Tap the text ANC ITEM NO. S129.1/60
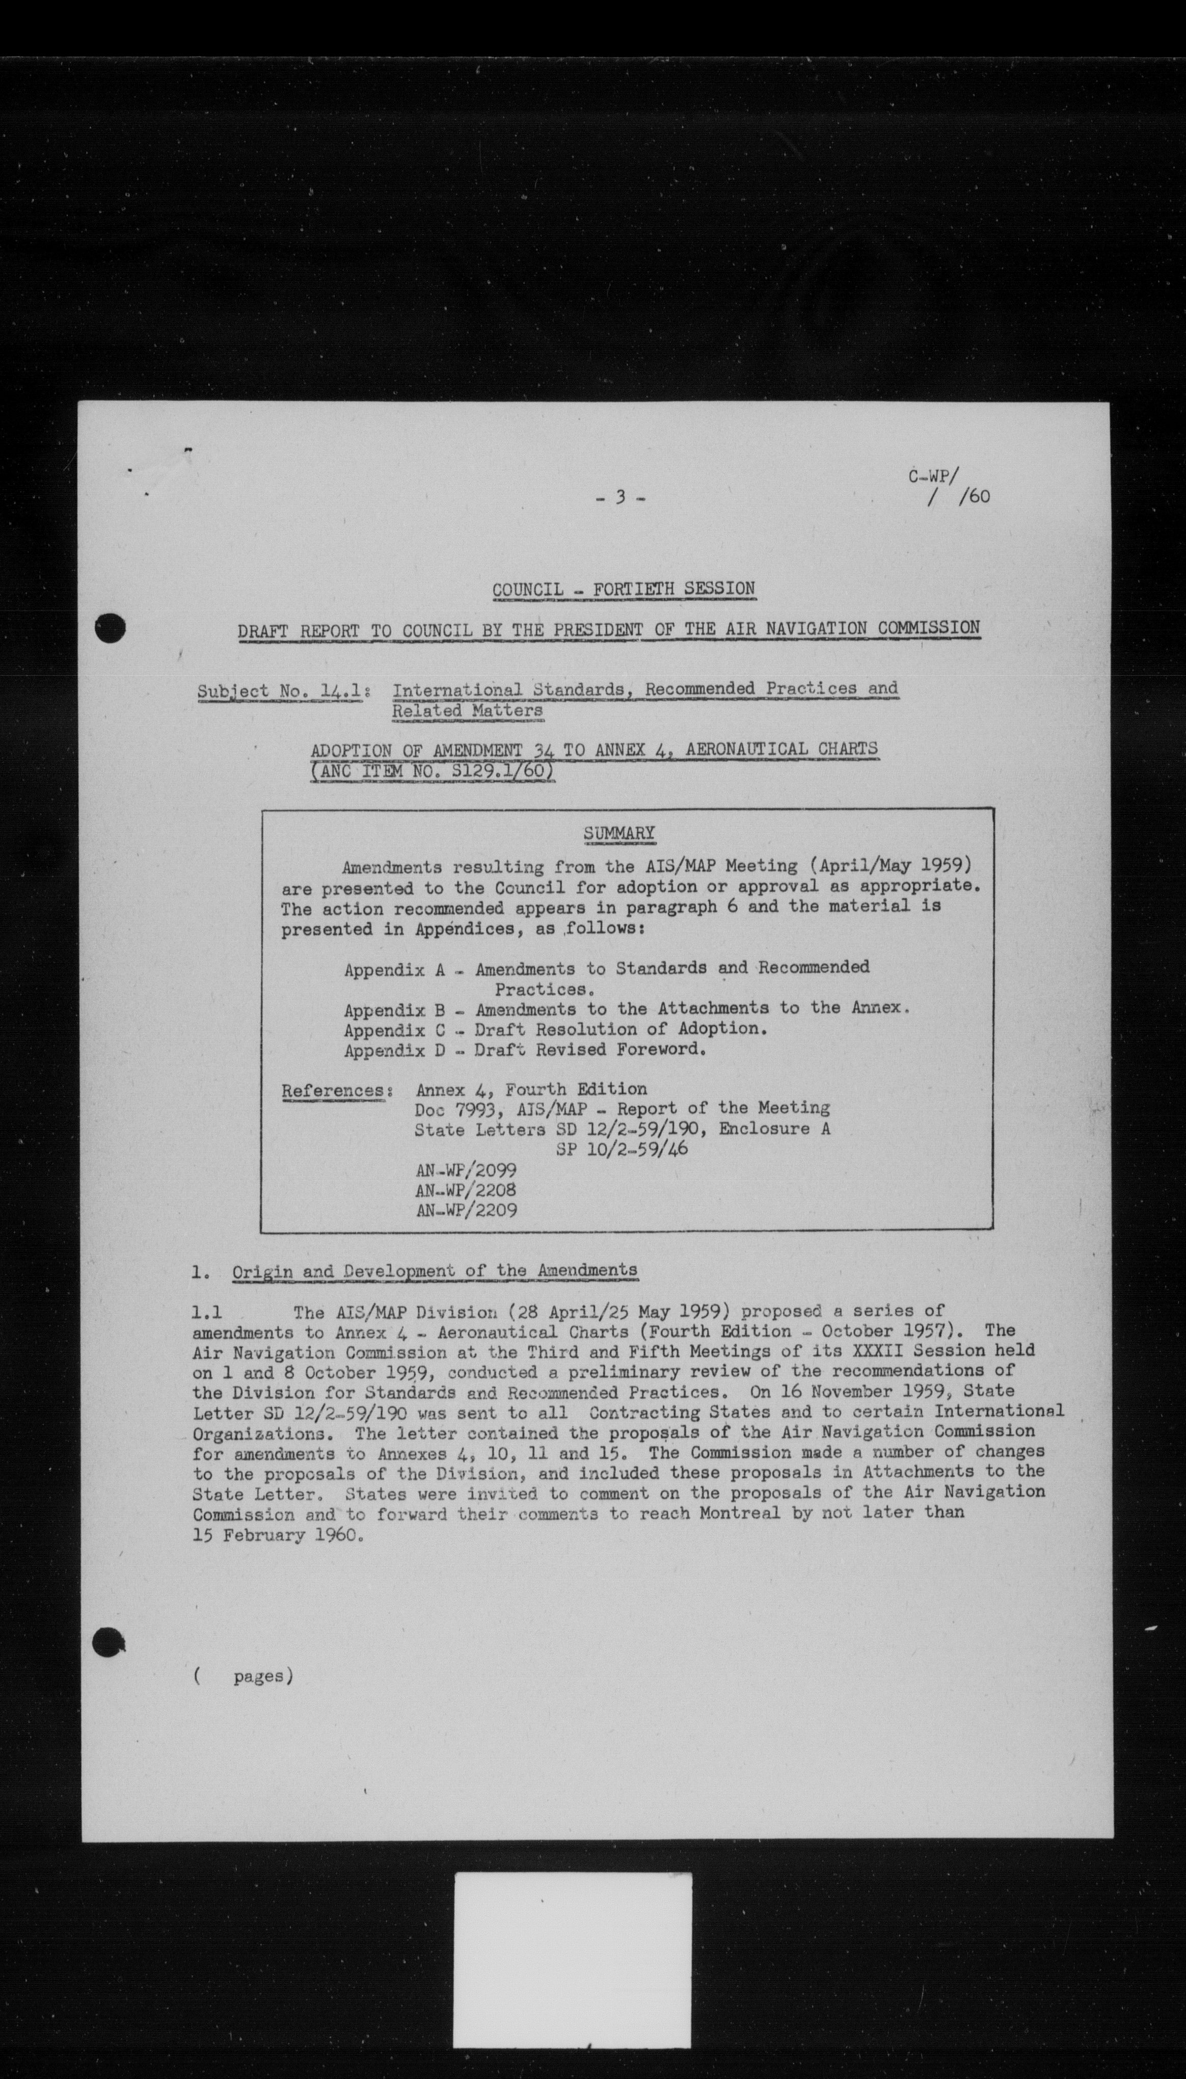click(x=434, y=770)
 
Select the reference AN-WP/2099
click(x=466, y=1170)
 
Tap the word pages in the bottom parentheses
click(x=258, y=1676)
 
